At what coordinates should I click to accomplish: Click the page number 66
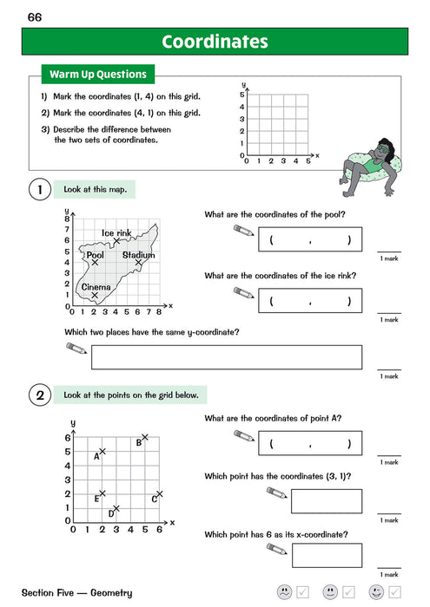(x=35, y=17)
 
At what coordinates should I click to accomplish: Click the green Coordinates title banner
(x=215, y=42)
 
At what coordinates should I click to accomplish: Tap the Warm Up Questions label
(x=96, y=74)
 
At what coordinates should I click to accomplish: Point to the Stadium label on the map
(x=138, y=255)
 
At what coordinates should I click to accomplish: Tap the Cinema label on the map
(x=96, y=286)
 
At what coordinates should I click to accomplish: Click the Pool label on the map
(x=95, y=255)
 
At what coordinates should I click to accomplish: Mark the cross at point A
(x=103, y=451)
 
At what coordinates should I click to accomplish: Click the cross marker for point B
(x=145, y=437)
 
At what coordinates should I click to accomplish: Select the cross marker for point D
(x=116, y=508)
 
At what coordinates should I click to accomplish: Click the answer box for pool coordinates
(x=310, y=240)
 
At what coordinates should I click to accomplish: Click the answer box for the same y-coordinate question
(x=227, y=357)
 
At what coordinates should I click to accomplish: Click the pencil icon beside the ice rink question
(x=244, y=293)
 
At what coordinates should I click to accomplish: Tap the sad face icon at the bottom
(x=284, y=592)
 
